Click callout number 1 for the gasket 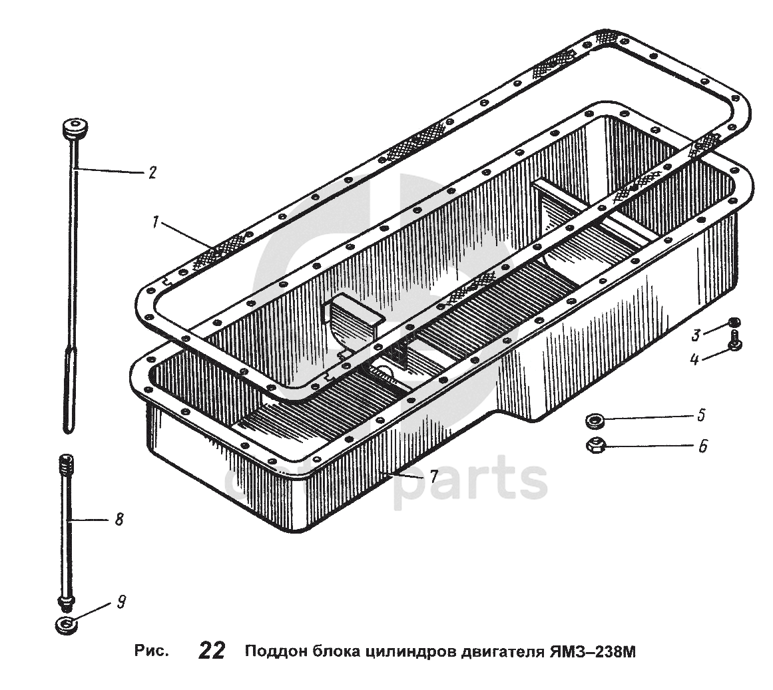click(x=155, y=223)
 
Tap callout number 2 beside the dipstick click(x=152, y=172)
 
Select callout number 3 click(x=696, y=335)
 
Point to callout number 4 click(x=694, y=359)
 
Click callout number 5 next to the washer click(x=702, y=415)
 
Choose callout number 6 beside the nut click(x=702, y=446)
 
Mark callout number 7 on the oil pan click(x=433, y=476)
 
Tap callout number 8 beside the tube click(x=119, y=519)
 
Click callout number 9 click(x=121, y=602)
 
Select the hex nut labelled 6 click(x=595, y=446)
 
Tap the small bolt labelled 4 click(x=734, y=341)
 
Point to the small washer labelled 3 click(x=734, y=323)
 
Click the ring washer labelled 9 click(x=66, y=625)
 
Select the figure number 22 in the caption click(x=212, y=651)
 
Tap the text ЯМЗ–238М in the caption click(x=592, y=651)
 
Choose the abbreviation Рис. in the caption click(x=151, y=651)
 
